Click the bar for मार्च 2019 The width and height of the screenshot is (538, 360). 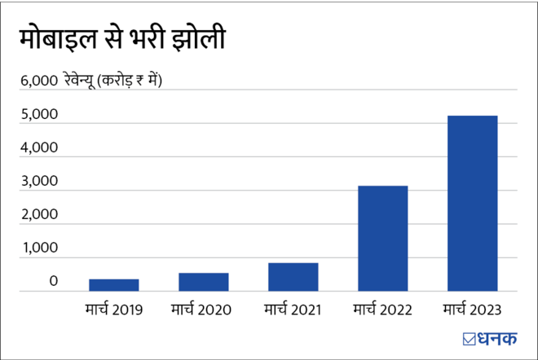click(x=113, y=285)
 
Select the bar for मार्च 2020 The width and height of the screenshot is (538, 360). click(x=204, y=282)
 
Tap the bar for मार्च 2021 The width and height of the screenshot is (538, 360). click(x=293, y=277)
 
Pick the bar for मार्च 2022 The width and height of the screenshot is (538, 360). click(x=383, y=239)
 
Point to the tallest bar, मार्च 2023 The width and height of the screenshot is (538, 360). click(x=473, y=204)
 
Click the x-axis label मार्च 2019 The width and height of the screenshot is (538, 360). click(x=113, y=310)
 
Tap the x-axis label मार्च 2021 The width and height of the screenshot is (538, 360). click(x=293, y=310)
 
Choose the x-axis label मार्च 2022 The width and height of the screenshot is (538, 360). click(x=383, y=310)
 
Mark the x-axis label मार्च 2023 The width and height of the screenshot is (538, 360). click(x=472, y=310)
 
